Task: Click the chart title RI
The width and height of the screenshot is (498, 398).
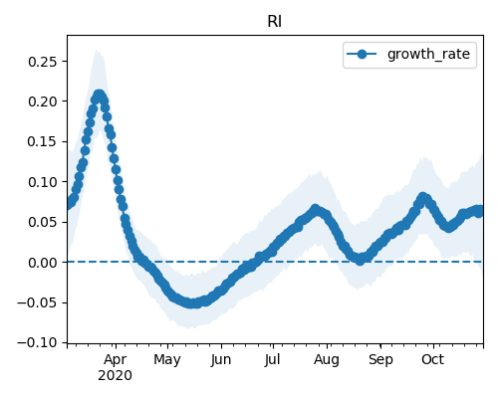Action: point(275,22)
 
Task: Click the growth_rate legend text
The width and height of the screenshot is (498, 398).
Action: point(428,54)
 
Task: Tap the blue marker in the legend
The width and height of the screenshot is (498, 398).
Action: point(362,54)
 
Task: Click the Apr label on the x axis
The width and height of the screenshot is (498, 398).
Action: point(115,360)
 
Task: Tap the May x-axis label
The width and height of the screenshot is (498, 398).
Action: point(167,360)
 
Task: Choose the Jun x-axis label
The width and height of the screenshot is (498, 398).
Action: point(221,360)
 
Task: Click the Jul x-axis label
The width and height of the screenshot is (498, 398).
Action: point(272,359)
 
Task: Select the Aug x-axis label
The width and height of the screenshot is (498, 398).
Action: point(327,360)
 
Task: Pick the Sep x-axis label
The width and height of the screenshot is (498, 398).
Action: point(380,360)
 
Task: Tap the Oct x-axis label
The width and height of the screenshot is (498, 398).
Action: point(432,359)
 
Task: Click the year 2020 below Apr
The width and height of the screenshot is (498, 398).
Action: point(115,375)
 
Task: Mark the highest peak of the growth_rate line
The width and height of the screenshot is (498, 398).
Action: point(99,96)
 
